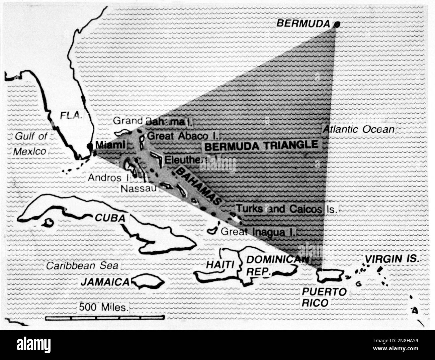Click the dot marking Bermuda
pos(337,24)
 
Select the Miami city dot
pos(90,146)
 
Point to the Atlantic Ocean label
pos(358,129)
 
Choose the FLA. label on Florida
pos(71,116)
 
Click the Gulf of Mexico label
pos(30,144)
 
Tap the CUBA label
pos(110,218)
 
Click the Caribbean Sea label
pos(82,266)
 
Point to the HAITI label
pos(220,264)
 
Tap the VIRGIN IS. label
pos(391,258)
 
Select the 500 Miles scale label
pos(104,307)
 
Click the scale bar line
pos(105,317)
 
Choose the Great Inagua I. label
pos(258,231)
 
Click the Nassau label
pos(139,188)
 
